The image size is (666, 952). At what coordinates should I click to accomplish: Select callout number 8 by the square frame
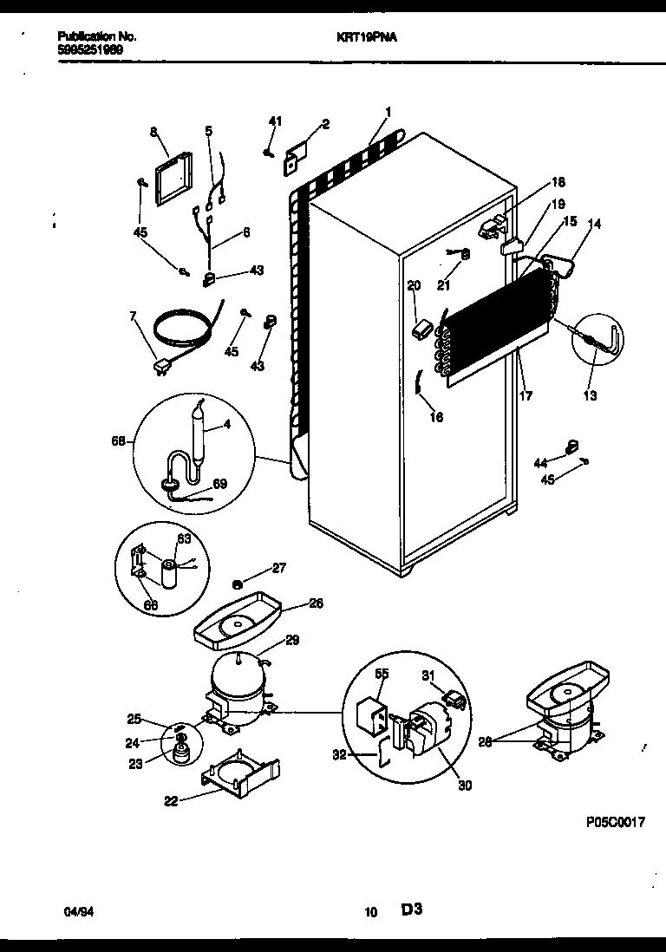point(153,132)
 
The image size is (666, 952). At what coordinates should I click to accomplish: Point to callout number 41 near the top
point(274,121)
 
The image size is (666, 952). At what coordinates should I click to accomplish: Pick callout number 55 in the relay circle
point(382,673)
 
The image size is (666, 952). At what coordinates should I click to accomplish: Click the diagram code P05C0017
point(616,824)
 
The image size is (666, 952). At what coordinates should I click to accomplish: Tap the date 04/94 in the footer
point(76,911)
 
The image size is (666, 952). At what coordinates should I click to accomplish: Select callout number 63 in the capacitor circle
point(184,538)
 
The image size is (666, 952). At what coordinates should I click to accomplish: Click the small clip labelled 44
point(571,447)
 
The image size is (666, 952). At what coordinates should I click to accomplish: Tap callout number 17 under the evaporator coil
point(526,395)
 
